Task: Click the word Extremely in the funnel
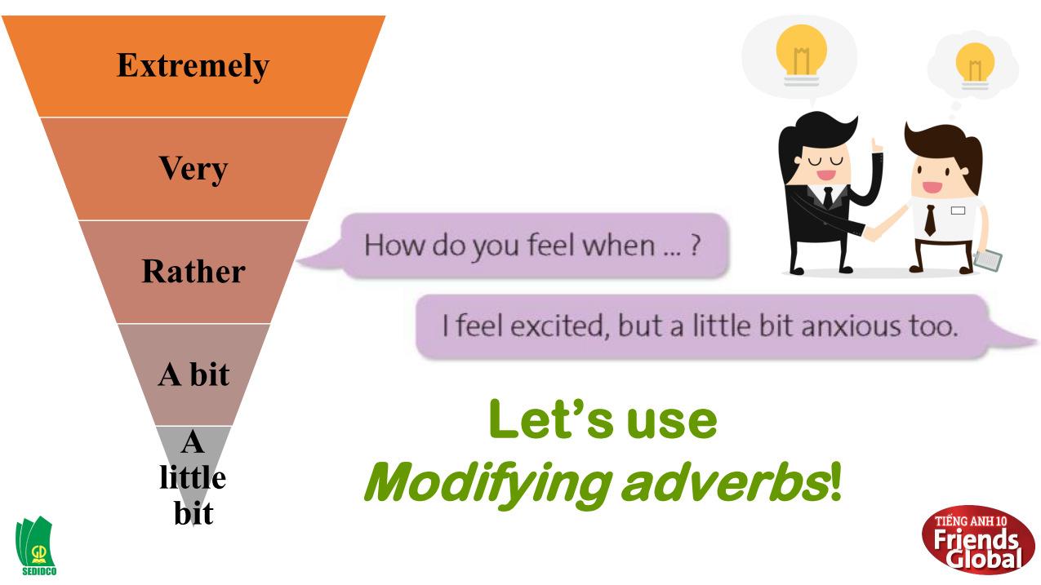click(x=193, y=66)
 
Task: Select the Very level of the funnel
click(x=193, y=169)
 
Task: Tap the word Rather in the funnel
click(x=193, y=272)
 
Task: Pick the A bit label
click(x=193, y=374)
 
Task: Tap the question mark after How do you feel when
click(x=694, y=245)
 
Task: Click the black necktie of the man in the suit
click(x=828, y=198)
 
